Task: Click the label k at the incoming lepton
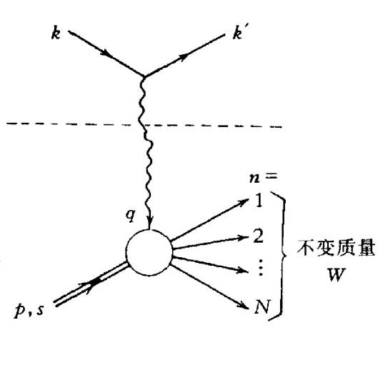pos(56,34)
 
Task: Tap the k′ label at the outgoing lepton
pos(237,33)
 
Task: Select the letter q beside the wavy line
pos(131,215)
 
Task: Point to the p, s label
pos(29,309)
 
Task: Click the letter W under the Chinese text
pos(336,274)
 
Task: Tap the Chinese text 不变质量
pos(336,248)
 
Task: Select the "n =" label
pos(263,177)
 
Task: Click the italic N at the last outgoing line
pos(262,306)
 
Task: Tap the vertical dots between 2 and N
pos(261,268)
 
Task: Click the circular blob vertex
pos(149,252)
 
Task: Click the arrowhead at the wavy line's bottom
pos(150,220)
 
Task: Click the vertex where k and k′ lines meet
pos(144,77)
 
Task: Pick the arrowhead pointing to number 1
pos(243,203)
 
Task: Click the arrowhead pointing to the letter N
pos(241,304)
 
